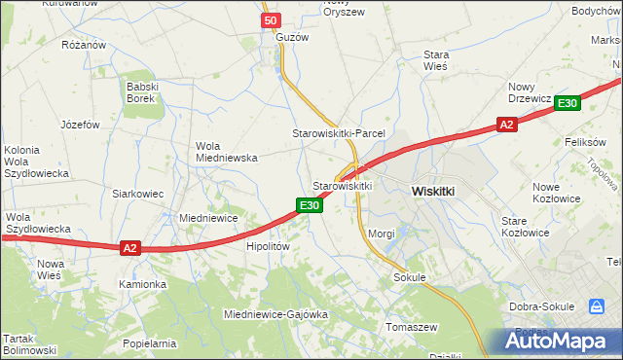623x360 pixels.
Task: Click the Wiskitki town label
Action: coord(433,192)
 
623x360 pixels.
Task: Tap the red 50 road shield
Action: coord(272,20)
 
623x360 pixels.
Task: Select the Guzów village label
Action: coord(292,37)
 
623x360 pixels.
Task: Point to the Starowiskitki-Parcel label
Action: coord(340,133)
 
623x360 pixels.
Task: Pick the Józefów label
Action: coord(81,125)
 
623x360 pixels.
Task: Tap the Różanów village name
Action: coord(83,45)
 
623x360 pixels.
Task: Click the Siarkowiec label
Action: coord(137,194)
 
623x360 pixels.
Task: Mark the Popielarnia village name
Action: coord(149,343)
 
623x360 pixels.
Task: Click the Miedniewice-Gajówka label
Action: coord(275,315)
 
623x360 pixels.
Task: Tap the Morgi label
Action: coord(382,234)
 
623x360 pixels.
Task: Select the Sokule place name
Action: coord(411,277)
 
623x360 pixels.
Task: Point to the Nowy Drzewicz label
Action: coord(530,92)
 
